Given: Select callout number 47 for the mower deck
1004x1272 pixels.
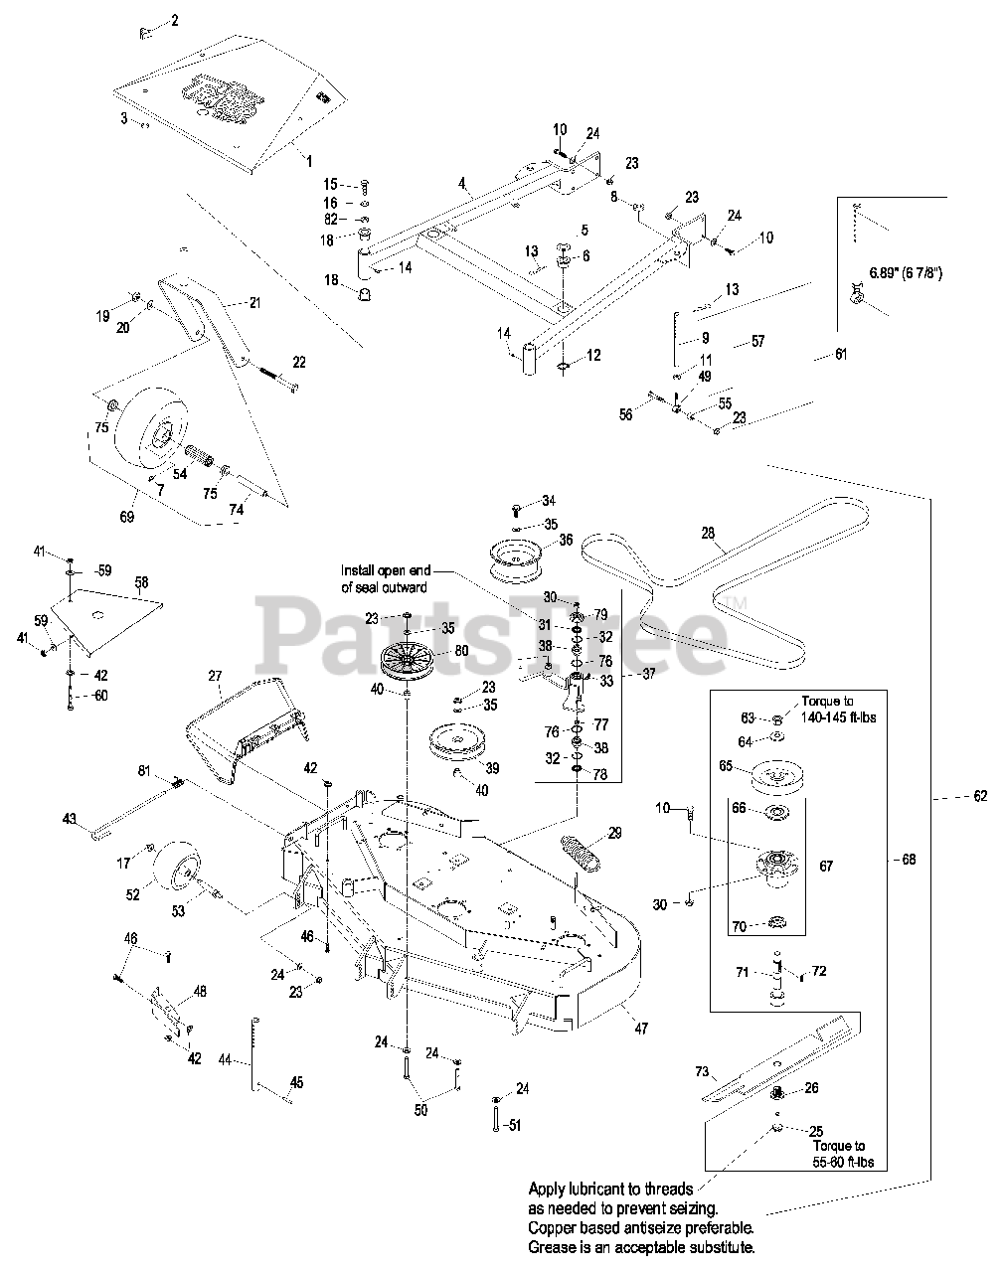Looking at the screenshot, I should (641, 1029).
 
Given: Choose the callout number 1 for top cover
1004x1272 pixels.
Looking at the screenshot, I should (308, 159).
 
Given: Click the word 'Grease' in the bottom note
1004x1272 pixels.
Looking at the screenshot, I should (552, 1246).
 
